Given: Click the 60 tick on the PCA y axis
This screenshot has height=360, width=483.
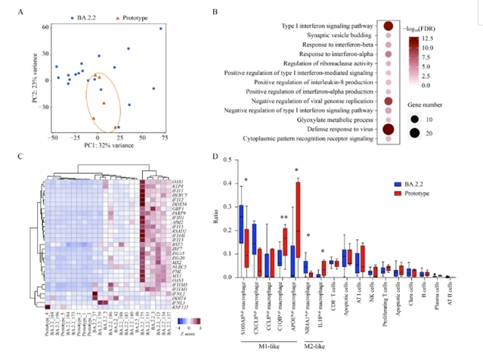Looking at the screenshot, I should [25, 27].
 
